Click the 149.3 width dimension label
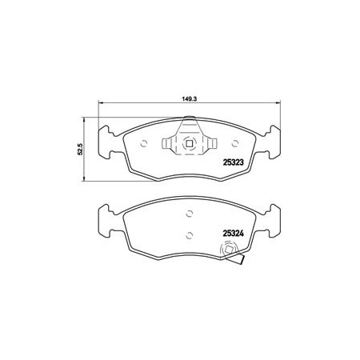[189, 98]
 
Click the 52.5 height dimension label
[81, 149]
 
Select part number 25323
[233, 162]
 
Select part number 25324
[233, 234]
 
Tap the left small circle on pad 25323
[144, 144]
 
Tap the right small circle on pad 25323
[235, 144]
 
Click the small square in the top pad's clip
[190, 144]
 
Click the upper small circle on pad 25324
[190, 214]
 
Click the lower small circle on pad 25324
[190, 235]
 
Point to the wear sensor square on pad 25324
[229, 250]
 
